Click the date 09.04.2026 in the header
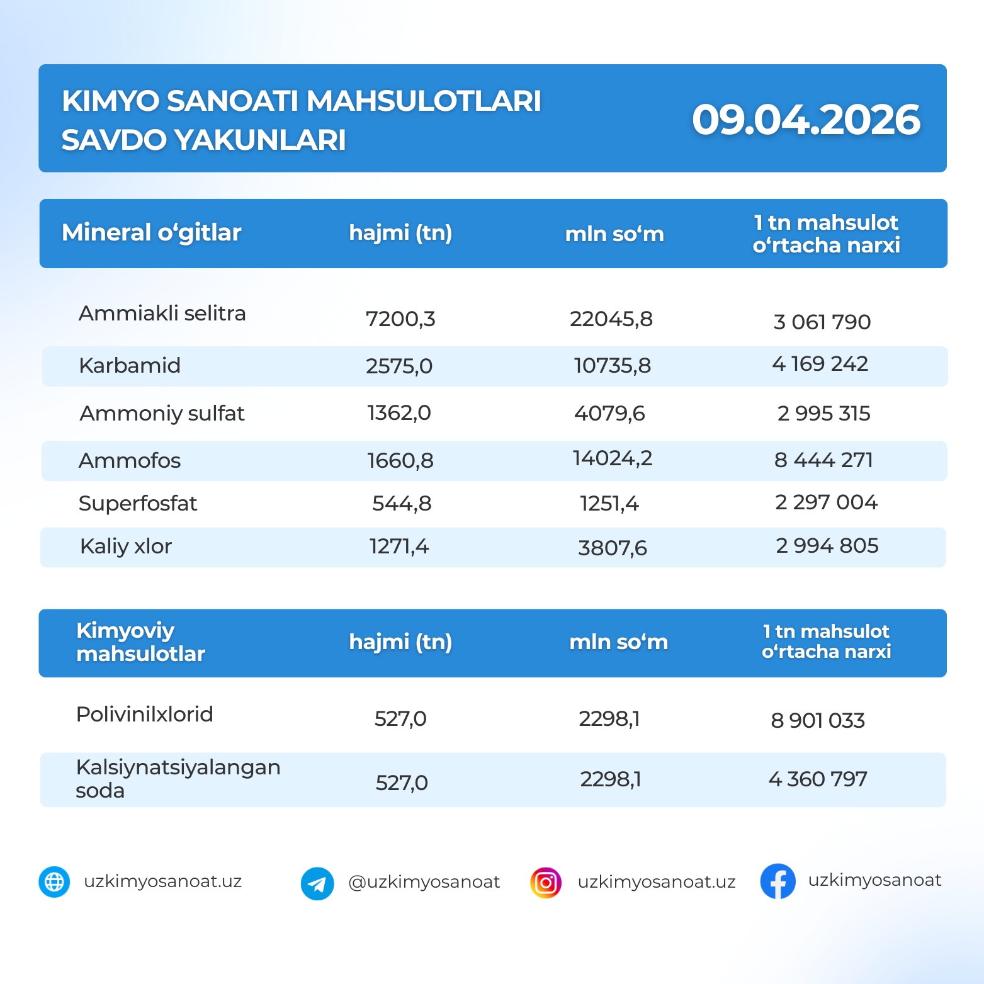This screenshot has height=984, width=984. (805, 120)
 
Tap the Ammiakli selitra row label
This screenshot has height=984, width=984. (162, 314)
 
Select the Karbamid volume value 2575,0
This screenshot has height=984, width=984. (399, 366)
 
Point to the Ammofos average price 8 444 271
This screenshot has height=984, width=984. (823, 460)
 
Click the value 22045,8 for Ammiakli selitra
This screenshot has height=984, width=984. (611, 319)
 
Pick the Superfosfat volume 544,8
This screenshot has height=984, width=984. (402, 504)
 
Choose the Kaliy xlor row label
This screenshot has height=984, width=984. (126, 546)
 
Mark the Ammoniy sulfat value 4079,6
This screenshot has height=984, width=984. (609, 414)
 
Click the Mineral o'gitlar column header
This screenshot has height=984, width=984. (151, 233)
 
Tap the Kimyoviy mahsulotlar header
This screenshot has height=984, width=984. (140, 642)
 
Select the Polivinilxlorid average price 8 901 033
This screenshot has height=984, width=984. (818, 720)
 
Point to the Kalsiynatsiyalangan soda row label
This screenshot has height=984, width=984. (178, 779)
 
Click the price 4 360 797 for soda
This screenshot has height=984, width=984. (818, 779)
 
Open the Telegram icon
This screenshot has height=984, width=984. (317, 883)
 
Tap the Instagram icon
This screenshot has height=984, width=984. (546, 883)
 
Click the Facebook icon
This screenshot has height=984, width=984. (778, 881)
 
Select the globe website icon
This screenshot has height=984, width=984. (54, 882)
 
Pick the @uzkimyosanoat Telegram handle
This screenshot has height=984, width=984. (424, 882)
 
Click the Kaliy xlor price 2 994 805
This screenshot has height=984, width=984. (827, 546)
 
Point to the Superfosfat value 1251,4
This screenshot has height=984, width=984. (609, 504)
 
